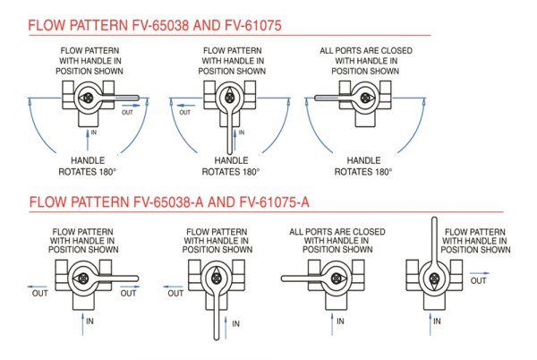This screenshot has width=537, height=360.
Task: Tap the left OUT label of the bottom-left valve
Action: point(41,292)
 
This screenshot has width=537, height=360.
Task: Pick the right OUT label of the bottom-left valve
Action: point(129,292)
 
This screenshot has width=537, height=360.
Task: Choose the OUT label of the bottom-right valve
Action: point(481,281)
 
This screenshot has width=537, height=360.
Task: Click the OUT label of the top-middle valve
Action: point(185,112)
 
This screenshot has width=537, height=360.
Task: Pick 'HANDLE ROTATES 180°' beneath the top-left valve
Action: point(91,166)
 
